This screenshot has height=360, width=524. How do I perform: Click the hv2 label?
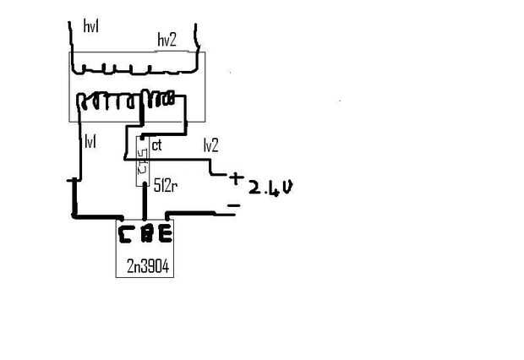167,40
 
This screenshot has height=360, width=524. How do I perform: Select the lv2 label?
211,145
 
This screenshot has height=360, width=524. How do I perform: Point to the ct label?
156,146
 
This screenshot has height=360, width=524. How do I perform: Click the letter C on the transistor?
126,232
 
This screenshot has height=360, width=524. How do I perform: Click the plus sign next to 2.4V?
235,178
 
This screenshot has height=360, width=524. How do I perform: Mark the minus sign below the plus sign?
233,205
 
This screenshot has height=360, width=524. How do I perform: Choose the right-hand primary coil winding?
161,101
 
